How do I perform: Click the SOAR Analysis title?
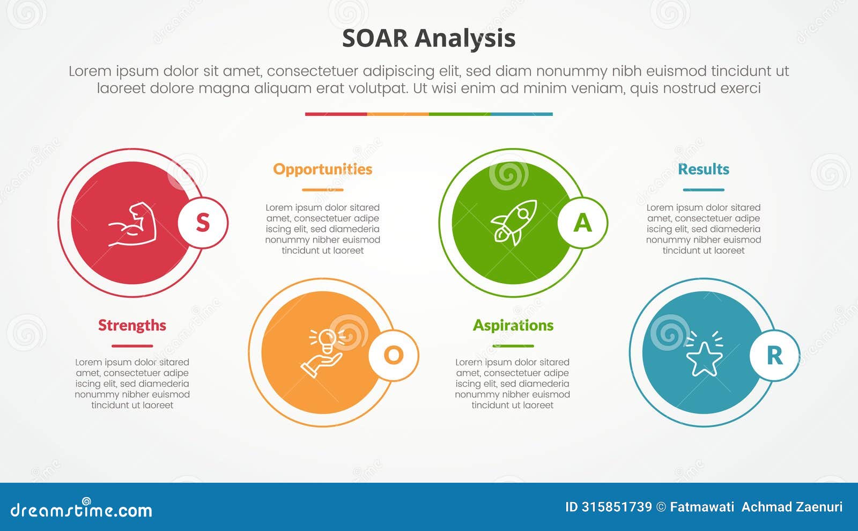tap(428, 38)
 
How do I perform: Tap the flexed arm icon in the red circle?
tap(132, 224)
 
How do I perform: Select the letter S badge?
tap(203, 223)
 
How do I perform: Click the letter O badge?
tap(393, 355)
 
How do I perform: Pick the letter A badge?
tap(582, 223)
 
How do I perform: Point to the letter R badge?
tap(774, 355)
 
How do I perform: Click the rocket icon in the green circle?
tap(514, 223)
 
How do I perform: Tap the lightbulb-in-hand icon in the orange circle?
tap(322, 353)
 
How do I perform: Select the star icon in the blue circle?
tap(704, 357)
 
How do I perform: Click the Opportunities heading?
tap(322, 169)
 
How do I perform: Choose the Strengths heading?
tap(132, 325)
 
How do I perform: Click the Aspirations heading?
tap(513, 325)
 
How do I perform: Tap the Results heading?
tap(703, 169)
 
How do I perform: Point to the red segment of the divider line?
tap(336, 114)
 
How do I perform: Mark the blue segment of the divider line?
tap(521, 114)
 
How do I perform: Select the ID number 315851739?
tap(616, 507)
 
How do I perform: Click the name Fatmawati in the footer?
tap(702, 507)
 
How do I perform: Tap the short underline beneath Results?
tap(703, 189)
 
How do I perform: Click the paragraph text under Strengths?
tap(132, 383)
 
